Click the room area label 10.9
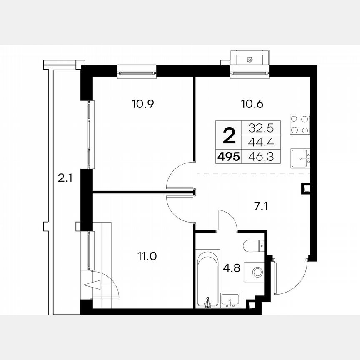tap(143, 104)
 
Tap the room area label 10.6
tap(254, 104)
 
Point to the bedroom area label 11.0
tap(147, 256)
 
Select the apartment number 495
tap(227, 157)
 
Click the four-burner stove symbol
tap(300, 124)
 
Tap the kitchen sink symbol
tap(301, 158)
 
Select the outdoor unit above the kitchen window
tap(250, 59)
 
